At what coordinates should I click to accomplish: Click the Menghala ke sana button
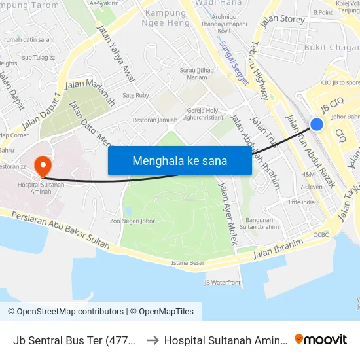pyautogui.click(x=179, y=160)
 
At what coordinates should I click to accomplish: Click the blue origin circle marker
pyautogui.click(x=317, y=124)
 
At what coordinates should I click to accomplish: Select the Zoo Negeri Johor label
pyautogui.click(x=132, y=221)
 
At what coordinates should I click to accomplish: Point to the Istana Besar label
pyautogui.click(x=188, y=263)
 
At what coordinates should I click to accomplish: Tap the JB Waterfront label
pyautogui.click(x=223, y=283)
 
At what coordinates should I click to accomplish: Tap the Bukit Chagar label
pyautogui.click(x=331, y=47)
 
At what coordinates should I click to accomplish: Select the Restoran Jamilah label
pyautogui.click(x=155, y=120)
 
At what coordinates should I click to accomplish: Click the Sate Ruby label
pyautogui.click(x=136, y=95)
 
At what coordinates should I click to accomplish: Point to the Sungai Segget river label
pyautogui.click(x=234, y=63)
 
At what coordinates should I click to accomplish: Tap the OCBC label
pyautogui.click(x=321, y=234)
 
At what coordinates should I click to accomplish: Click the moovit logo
pyautogui.click(x=321, y=339)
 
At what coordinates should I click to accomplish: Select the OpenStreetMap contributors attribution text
pyautogui.click(x=65, y=312)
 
